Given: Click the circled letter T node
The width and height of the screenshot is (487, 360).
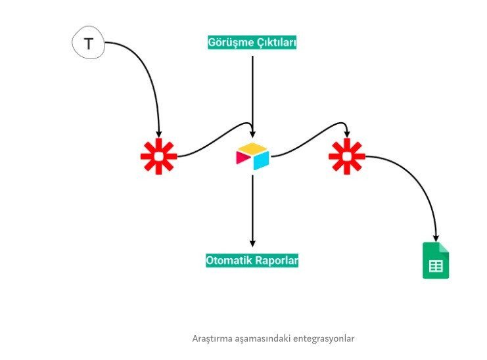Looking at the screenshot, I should (x=89, y=45).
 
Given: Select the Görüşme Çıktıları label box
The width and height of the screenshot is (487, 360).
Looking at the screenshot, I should (x=252, y=43).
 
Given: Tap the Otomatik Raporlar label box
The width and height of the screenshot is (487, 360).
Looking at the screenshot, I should (x=252, y=260).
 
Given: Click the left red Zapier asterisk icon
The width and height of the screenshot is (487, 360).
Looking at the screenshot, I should (x=158, y=156).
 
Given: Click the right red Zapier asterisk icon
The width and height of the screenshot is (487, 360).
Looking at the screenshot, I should (x=346, y=156).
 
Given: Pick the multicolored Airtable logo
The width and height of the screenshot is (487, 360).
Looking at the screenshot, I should (x=252, y=156).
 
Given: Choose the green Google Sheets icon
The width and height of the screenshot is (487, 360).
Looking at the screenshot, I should (x=435, y=261).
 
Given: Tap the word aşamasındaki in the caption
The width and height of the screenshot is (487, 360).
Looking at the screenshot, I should (x=264, y=339).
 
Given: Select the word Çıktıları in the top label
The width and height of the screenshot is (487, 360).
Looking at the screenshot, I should (x=275, y=43).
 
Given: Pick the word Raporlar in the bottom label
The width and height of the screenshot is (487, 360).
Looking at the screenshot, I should (x=277, y=260).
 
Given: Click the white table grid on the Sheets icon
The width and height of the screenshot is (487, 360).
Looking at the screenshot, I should (x=435, y=266).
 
